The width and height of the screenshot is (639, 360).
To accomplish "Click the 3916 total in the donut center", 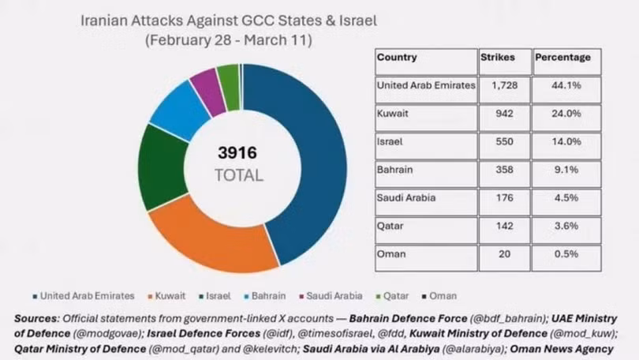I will [239, 152].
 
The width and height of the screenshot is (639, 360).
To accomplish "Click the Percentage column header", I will [562, 58].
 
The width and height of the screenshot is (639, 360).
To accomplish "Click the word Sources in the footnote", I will [36, 318].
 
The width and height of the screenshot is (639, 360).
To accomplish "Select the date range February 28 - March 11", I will [229, 40].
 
